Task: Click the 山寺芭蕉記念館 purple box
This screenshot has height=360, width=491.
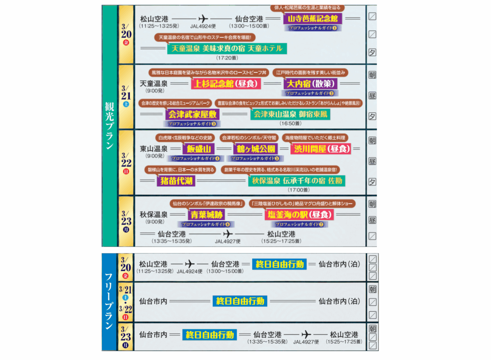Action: point(313,18)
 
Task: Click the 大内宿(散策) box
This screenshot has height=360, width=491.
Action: point(311,84)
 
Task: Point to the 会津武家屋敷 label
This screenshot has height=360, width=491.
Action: point(192,114)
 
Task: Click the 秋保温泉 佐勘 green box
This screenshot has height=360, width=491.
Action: point(296,180)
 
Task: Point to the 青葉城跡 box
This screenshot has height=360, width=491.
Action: point(204,214)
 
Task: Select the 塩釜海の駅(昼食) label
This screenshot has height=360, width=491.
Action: point(299,214)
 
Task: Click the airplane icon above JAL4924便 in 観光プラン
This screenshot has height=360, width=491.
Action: point(203,19)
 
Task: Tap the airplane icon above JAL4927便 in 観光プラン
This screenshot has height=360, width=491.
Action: point(227,234)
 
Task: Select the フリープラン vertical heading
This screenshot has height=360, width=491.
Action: point(109,301)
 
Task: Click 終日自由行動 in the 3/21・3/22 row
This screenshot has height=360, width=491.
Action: point(239,301)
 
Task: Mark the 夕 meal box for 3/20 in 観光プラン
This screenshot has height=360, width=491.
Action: point(372,52)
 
